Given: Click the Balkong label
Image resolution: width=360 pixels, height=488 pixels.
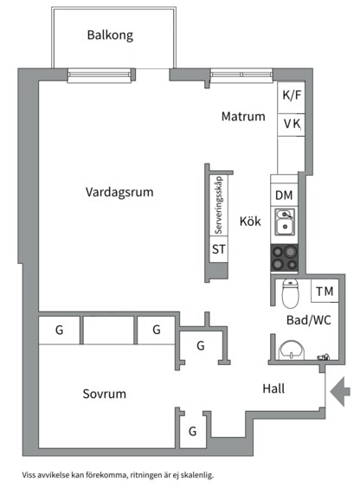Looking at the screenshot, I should [108, 35].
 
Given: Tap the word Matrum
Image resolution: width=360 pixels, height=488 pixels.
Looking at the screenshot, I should [242, 117].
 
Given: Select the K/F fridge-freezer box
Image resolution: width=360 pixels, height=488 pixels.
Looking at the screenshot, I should [292, 96].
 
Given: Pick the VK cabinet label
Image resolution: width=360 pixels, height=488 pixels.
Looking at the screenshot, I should [292, 125].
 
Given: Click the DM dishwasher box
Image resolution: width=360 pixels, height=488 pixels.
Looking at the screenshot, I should [284, 196].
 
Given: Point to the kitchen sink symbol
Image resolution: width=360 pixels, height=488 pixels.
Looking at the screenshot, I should [285, 223].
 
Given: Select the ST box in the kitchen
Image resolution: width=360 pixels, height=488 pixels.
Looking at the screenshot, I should [219, 250].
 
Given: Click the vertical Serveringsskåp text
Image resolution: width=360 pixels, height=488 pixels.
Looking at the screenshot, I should [219, 204].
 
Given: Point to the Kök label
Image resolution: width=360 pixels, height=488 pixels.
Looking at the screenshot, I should [250, 222].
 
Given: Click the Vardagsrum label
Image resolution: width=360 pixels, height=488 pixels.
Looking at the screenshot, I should [119, 193].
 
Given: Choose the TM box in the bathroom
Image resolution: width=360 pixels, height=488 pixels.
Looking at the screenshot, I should [325, 292].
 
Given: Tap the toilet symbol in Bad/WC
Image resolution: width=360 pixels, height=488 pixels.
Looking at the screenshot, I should [291, 295].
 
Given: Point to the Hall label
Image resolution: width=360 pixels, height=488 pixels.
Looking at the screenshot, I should [273, 388].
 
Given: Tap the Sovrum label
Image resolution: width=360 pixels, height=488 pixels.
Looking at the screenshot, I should [105, 394].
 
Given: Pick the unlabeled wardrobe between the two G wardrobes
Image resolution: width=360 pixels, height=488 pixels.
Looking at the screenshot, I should [108, 330].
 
